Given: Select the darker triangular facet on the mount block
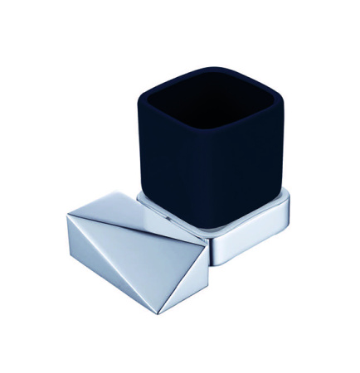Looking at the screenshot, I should point(100,265).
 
